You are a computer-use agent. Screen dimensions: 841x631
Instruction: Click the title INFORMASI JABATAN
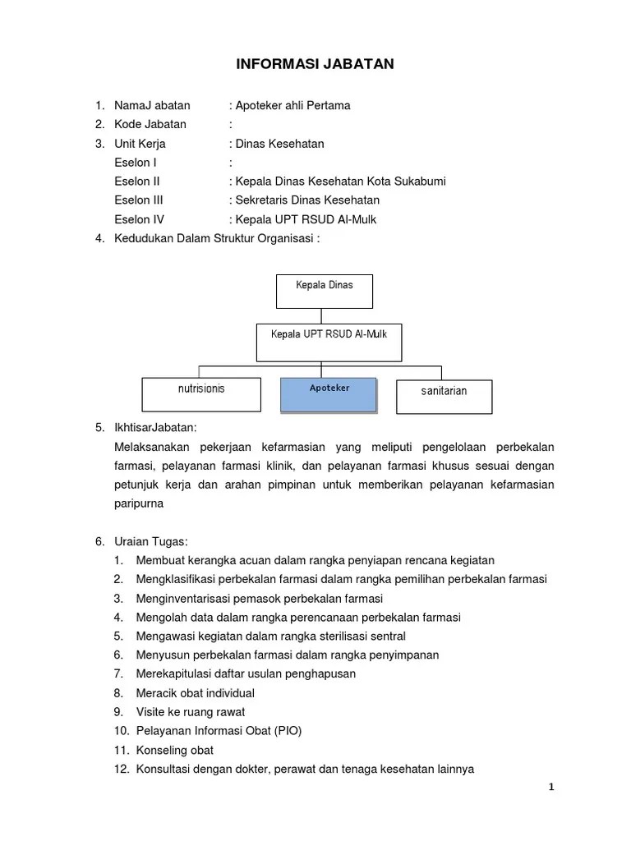(x=315, y=63)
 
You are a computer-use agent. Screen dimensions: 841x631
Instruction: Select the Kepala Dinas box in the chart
(x=324, y=292)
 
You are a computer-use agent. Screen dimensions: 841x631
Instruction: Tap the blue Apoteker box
(x=329, y=394)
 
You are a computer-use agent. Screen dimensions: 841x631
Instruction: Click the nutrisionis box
(x=200, y=394)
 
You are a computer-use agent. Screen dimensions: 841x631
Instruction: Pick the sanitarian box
(x=444, y=396)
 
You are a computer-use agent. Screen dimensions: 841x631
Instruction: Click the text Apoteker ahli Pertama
(x=292, y=105)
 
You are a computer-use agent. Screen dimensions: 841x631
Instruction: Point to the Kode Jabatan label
(x=150, y=124)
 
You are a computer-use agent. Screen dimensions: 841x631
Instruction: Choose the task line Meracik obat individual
(x=184, y=692)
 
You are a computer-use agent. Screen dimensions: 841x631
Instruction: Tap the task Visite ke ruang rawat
(x=179, y=711)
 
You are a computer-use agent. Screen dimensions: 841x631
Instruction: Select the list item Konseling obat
(x=164, y=750)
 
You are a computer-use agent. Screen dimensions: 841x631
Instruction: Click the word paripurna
(x=139, y=503)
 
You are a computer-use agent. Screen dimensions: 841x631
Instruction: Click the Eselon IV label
(x=140, y=218)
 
